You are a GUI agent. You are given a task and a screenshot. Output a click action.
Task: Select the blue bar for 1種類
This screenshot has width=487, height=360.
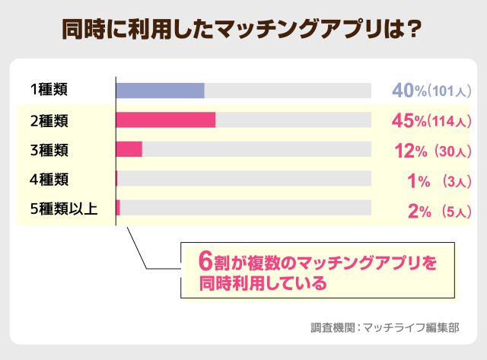[x=160, y=91]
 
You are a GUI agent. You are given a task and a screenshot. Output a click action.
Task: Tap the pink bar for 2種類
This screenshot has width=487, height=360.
[x=165, y=120]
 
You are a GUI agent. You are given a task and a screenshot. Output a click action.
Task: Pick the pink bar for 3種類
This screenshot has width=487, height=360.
[x=129, y=149]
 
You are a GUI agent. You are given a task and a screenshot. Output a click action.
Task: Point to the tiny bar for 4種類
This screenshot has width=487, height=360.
[x=116, y=179]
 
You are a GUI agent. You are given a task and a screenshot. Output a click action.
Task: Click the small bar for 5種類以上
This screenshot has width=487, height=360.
[x=118, y=208]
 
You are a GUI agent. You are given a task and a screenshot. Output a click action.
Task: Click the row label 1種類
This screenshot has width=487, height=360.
[x=49, y=91]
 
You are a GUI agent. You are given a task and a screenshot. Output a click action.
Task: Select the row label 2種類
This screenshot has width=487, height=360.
[x=49, y=120]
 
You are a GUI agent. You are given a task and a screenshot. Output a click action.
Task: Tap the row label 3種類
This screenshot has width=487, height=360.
[x=49, y=149]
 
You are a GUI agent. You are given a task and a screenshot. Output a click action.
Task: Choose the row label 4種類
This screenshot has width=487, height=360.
[x=49, y=179]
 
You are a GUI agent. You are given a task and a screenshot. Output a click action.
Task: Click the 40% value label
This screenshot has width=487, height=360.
[x=409, y=91]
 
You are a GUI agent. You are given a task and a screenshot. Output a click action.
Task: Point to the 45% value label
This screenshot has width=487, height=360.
[x=409, y=121]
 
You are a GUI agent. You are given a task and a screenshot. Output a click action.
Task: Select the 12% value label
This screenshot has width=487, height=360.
[x=410, y=151]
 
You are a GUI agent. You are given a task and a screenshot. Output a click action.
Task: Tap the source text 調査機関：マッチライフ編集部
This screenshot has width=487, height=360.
[x=385, y=329]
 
